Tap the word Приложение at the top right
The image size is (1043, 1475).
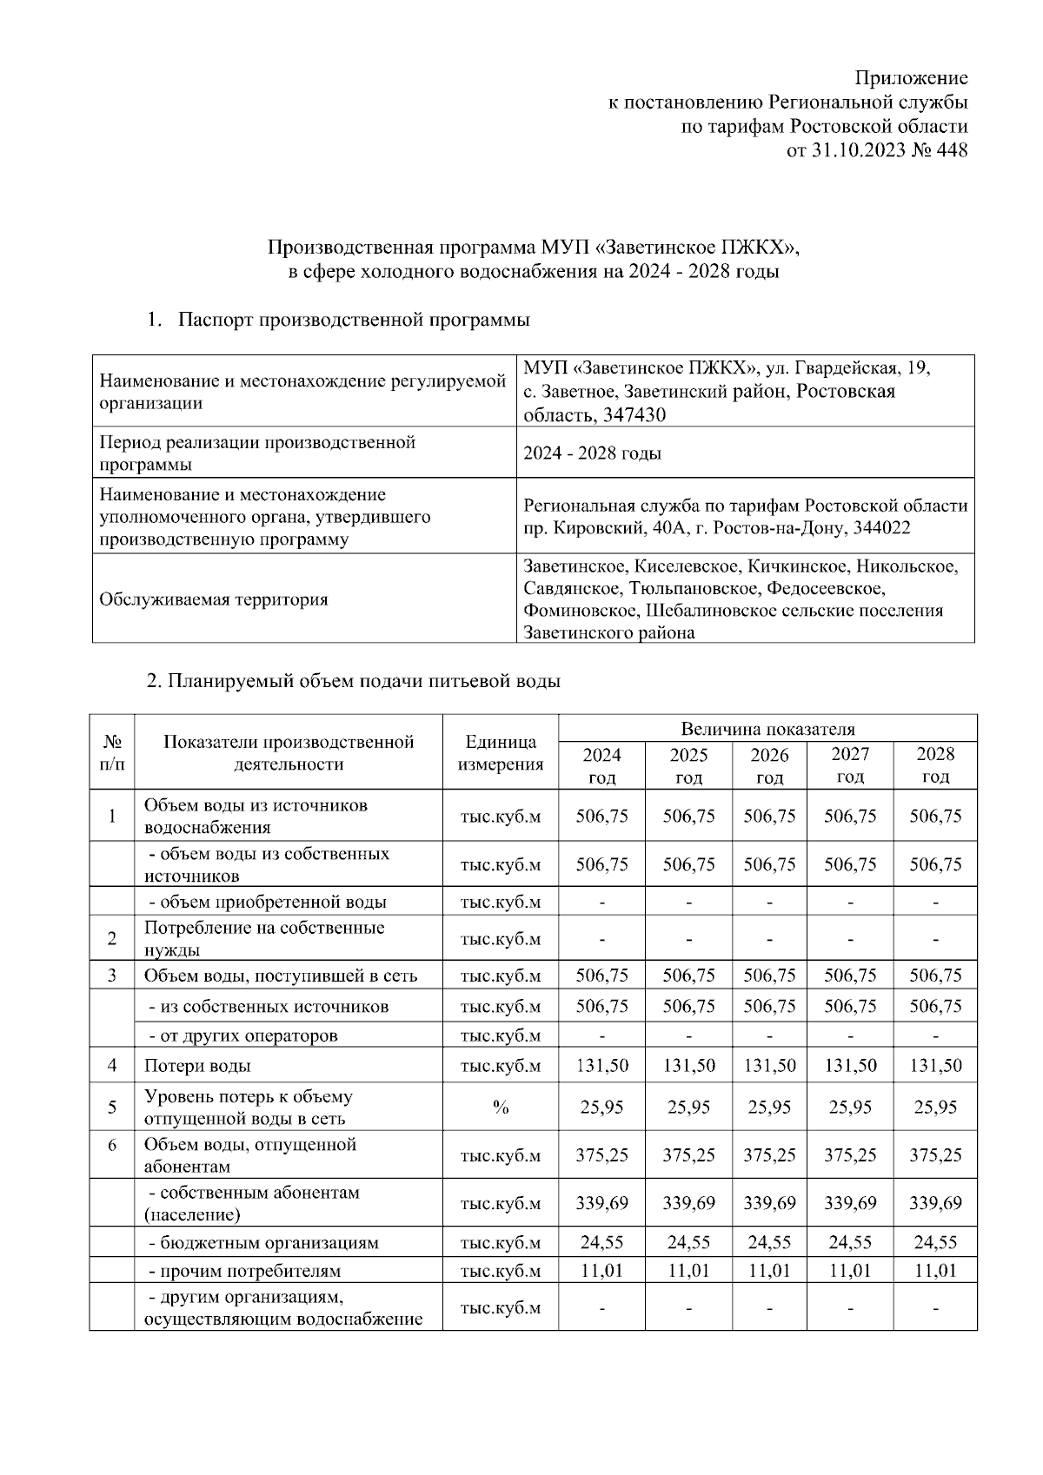pyautogui.click(x=912, y=78)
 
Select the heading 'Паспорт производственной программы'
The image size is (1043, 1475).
pyautogui.click(x=354, y=320)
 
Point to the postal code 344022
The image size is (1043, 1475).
pyautogui.click(x=882, y=528)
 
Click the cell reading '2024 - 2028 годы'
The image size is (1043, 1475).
pyautogui.click(x=593, y=453)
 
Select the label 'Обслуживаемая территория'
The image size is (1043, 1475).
pyautogui.click(x=214, y=599)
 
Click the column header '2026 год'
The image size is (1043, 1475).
pyautogui.click(x=769, y=765)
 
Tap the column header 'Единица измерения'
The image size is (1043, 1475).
pyautogui.click(x=501, y=753)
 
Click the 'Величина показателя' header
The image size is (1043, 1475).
pyautogui.click(x=767, y=729)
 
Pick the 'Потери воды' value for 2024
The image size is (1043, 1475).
pyautogui.click(x=601, y=1065)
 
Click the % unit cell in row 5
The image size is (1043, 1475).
pyautogui.click(x=501, y=1107)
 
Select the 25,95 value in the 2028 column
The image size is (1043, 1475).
pyautogui.click(x=935, y=1107)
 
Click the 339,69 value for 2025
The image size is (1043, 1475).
pyautogui.click(x=688, y=1203)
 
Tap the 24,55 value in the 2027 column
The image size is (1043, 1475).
pyautogui.click(x=850, y=1242)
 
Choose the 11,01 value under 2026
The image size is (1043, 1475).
pyautogui.click(x=769, y=1271)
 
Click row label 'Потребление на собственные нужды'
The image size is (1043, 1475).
pyautogui.click(x=263, y=938)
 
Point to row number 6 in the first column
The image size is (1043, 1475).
pyautogui.click(x=112, y=1145)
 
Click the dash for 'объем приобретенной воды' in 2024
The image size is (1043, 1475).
pyautogui.click(x=601, y=903)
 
